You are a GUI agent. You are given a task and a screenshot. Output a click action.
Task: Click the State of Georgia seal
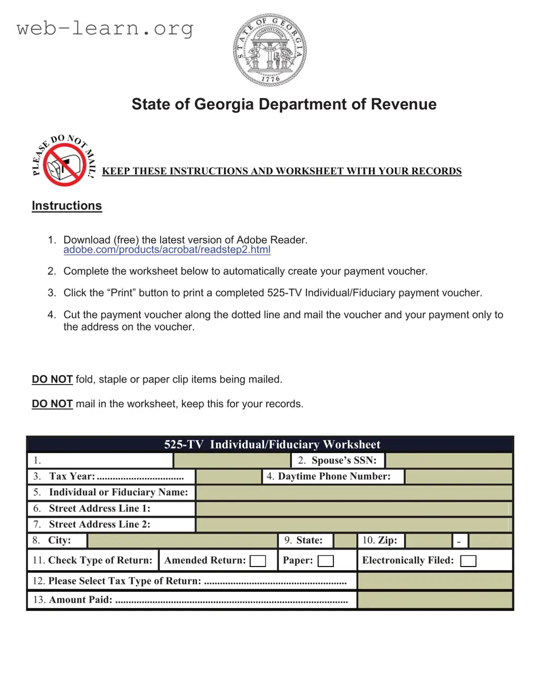tap(270, 50)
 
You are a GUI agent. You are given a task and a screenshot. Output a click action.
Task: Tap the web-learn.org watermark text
tap(105, 28)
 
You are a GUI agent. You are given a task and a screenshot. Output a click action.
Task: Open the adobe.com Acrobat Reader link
tap(166, 250)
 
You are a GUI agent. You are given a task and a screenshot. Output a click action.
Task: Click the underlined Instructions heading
tap(67, 206)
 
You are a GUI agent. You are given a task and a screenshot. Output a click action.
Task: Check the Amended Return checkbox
tap(258, 561)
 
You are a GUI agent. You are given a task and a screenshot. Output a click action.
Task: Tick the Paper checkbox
tap(326, 561)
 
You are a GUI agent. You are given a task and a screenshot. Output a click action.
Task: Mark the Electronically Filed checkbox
tap(468, 561)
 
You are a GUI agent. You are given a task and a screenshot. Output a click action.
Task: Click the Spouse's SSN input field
tap(449, 461)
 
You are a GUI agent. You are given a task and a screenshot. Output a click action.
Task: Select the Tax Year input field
tap(229, 477)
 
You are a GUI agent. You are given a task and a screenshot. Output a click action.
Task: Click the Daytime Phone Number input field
tap(458, 477)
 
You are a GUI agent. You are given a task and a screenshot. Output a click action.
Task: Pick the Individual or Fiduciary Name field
tap(354, 493)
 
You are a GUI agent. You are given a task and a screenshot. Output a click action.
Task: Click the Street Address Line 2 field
tap(354, 525)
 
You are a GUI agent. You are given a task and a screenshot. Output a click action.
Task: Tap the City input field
tap(182, 541)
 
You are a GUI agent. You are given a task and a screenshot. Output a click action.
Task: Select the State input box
tap(345, 541)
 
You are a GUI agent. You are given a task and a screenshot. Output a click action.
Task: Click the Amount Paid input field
tap(435, 600)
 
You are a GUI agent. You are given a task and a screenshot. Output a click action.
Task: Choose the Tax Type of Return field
tap(435, 581)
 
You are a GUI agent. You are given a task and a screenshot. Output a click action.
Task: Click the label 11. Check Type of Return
tap(93, 560)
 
